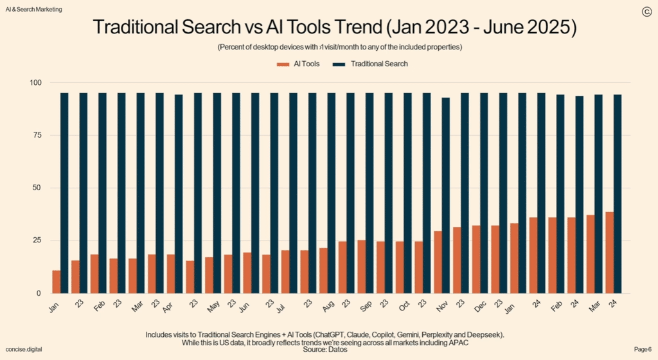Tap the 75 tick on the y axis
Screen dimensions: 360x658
click(37, 135)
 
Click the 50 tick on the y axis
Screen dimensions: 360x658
click(37, 188)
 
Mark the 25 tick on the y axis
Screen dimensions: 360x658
click(37, 240)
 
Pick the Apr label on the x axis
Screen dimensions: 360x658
click(168, 307)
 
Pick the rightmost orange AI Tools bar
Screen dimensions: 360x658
click(609, 252)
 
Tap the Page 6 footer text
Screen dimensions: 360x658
click(643, 348)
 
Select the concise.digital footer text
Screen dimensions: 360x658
click(24, 348)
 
